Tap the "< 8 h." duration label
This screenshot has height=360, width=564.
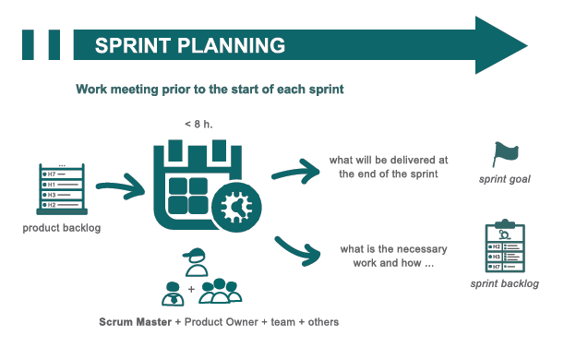coord(202,123)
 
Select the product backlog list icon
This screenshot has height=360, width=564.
coord(61,190)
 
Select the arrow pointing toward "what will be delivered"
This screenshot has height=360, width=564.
coord(296,171)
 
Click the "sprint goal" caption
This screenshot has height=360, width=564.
coord(506,179)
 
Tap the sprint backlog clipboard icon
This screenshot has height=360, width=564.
coord(504,247)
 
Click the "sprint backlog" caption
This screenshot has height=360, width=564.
coord(505,283)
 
